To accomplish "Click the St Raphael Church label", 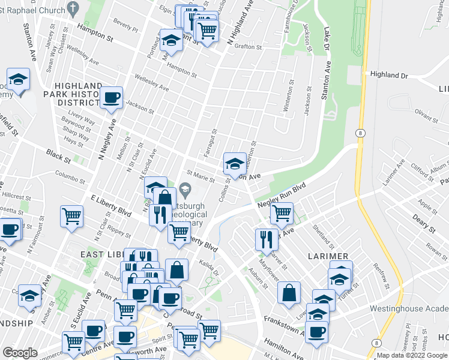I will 32,8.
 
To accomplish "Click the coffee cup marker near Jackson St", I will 111,98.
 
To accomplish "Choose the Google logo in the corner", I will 20,353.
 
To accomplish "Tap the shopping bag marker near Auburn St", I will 289,294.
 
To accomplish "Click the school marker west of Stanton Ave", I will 19,80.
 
